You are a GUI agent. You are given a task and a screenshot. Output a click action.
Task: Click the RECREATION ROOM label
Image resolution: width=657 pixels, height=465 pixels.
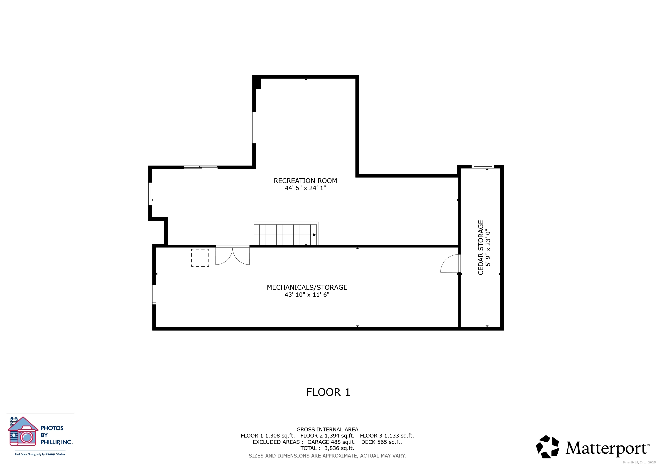click(305, 181)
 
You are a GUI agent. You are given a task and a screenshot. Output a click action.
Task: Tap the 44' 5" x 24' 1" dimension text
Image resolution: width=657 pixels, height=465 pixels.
click(305, 188)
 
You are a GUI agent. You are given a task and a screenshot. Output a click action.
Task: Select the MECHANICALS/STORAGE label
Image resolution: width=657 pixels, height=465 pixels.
click(307, 287)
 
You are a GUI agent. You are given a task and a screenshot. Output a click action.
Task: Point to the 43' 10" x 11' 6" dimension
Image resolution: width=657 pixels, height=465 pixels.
click(307, 295)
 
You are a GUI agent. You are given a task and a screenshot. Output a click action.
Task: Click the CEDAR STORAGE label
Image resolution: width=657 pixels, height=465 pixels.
click(480, 247)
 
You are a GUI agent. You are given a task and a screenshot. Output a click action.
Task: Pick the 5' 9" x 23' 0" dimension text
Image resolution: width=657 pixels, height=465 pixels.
click(488, 248)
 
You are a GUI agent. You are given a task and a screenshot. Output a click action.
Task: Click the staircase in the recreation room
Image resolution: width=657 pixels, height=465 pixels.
click(286, 234)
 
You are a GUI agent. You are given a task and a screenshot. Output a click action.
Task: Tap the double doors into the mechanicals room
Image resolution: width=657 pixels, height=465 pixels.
click(232, 255)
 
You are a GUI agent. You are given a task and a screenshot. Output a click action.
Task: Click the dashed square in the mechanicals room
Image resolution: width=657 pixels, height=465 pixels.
click(200, 258)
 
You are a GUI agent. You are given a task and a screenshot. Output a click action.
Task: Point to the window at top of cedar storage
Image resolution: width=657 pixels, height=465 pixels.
click(483, 167)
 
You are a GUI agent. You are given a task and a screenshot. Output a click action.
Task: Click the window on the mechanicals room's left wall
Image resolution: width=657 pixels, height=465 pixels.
click(154, 295)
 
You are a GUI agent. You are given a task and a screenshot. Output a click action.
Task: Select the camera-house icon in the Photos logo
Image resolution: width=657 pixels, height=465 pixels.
click(23, 431)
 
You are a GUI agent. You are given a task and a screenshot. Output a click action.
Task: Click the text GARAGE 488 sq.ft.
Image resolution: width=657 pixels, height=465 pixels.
click(331, 442)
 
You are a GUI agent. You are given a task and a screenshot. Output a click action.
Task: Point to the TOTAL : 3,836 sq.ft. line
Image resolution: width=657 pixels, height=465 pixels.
click(327, 448)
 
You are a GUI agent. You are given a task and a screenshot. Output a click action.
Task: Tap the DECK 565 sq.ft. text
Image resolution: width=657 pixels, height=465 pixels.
click(381, 442)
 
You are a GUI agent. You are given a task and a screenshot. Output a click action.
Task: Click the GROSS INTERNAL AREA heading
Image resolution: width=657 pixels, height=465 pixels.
click(327, 430)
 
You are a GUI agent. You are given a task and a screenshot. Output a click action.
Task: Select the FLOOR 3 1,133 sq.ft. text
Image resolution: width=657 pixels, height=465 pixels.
click(387, 436)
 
